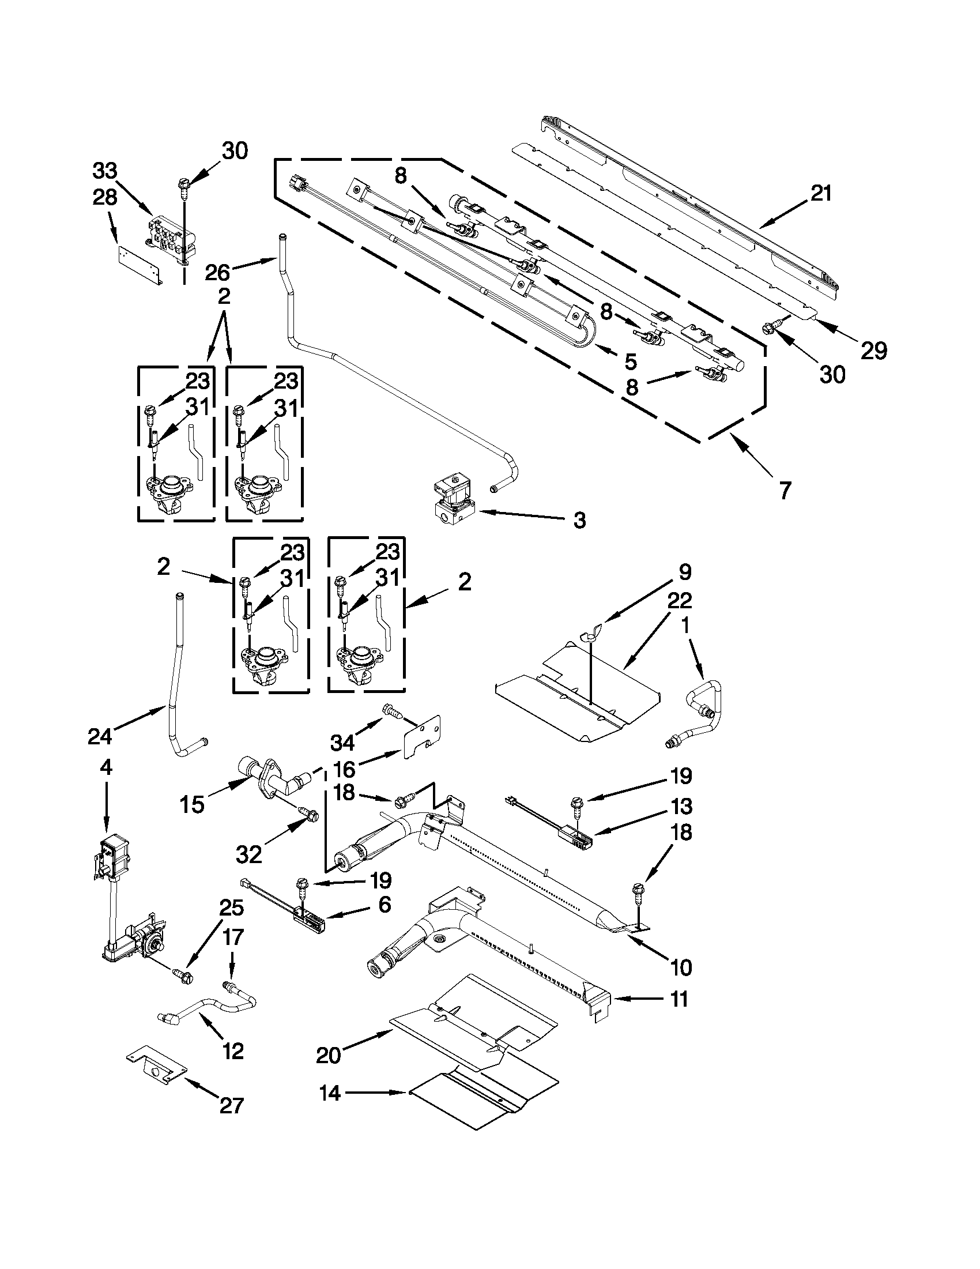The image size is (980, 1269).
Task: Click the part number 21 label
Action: (821, 194)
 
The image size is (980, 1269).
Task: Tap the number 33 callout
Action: (104, 171)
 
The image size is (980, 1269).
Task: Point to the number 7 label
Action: (785, 491)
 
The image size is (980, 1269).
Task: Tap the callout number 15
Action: (192, 805)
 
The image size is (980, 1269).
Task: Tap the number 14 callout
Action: (329, 1093)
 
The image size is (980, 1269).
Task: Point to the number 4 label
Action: (105, 767)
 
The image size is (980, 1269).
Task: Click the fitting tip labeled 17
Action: (228, 985)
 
